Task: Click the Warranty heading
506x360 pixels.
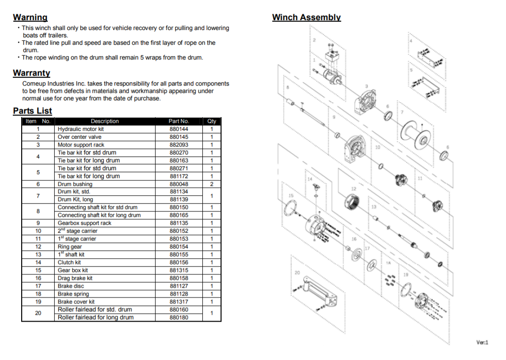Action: (32, 73)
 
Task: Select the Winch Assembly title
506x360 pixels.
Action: (306, 17)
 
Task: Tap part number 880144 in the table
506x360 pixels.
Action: (179, 129)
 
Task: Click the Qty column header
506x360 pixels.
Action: (212, 121)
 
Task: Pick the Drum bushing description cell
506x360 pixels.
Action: (75, 184)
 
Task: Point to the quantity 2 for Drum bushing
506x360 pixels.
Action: (212, 184)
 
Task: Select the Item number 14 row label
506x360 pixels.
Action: (38, 262)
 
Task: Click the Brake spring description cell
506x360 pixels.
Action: (73, 294)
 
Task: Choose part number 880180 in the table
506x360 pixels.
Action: (179, 317)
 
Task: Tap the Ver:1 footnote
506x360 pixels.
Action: (482, 342)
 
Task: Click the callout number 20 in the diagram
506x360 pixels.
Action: (297, 272)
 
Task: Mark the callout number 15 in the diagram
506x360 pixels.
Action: (291, 196)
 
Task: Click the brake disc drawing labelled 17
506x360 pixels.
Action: (372, 265)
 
